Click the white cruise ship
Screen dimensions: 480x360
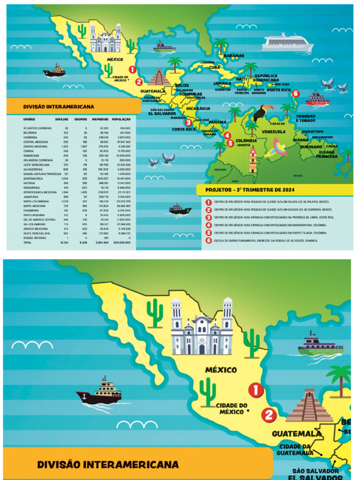point(287,43)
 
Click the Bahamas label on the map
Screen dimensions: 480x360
point(233,56)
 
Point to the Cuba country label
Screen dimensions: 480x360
point(214,67)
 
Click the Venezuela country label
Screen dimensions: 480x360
point(273,132)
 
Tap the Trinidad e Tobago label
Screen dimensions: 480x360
point(305,118)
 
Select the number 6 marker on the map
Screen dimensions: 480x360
point(295,94)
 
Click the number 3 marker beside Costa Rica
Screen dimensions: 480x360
point(188,123)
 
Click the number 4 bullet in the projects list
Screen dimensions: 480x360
point(208,225)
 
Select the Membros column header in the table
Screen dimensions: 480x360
point(100,119)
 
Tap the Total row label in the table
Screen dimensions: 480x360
point(28,243)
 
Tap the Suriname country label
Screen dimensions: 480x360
point(311,147)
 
